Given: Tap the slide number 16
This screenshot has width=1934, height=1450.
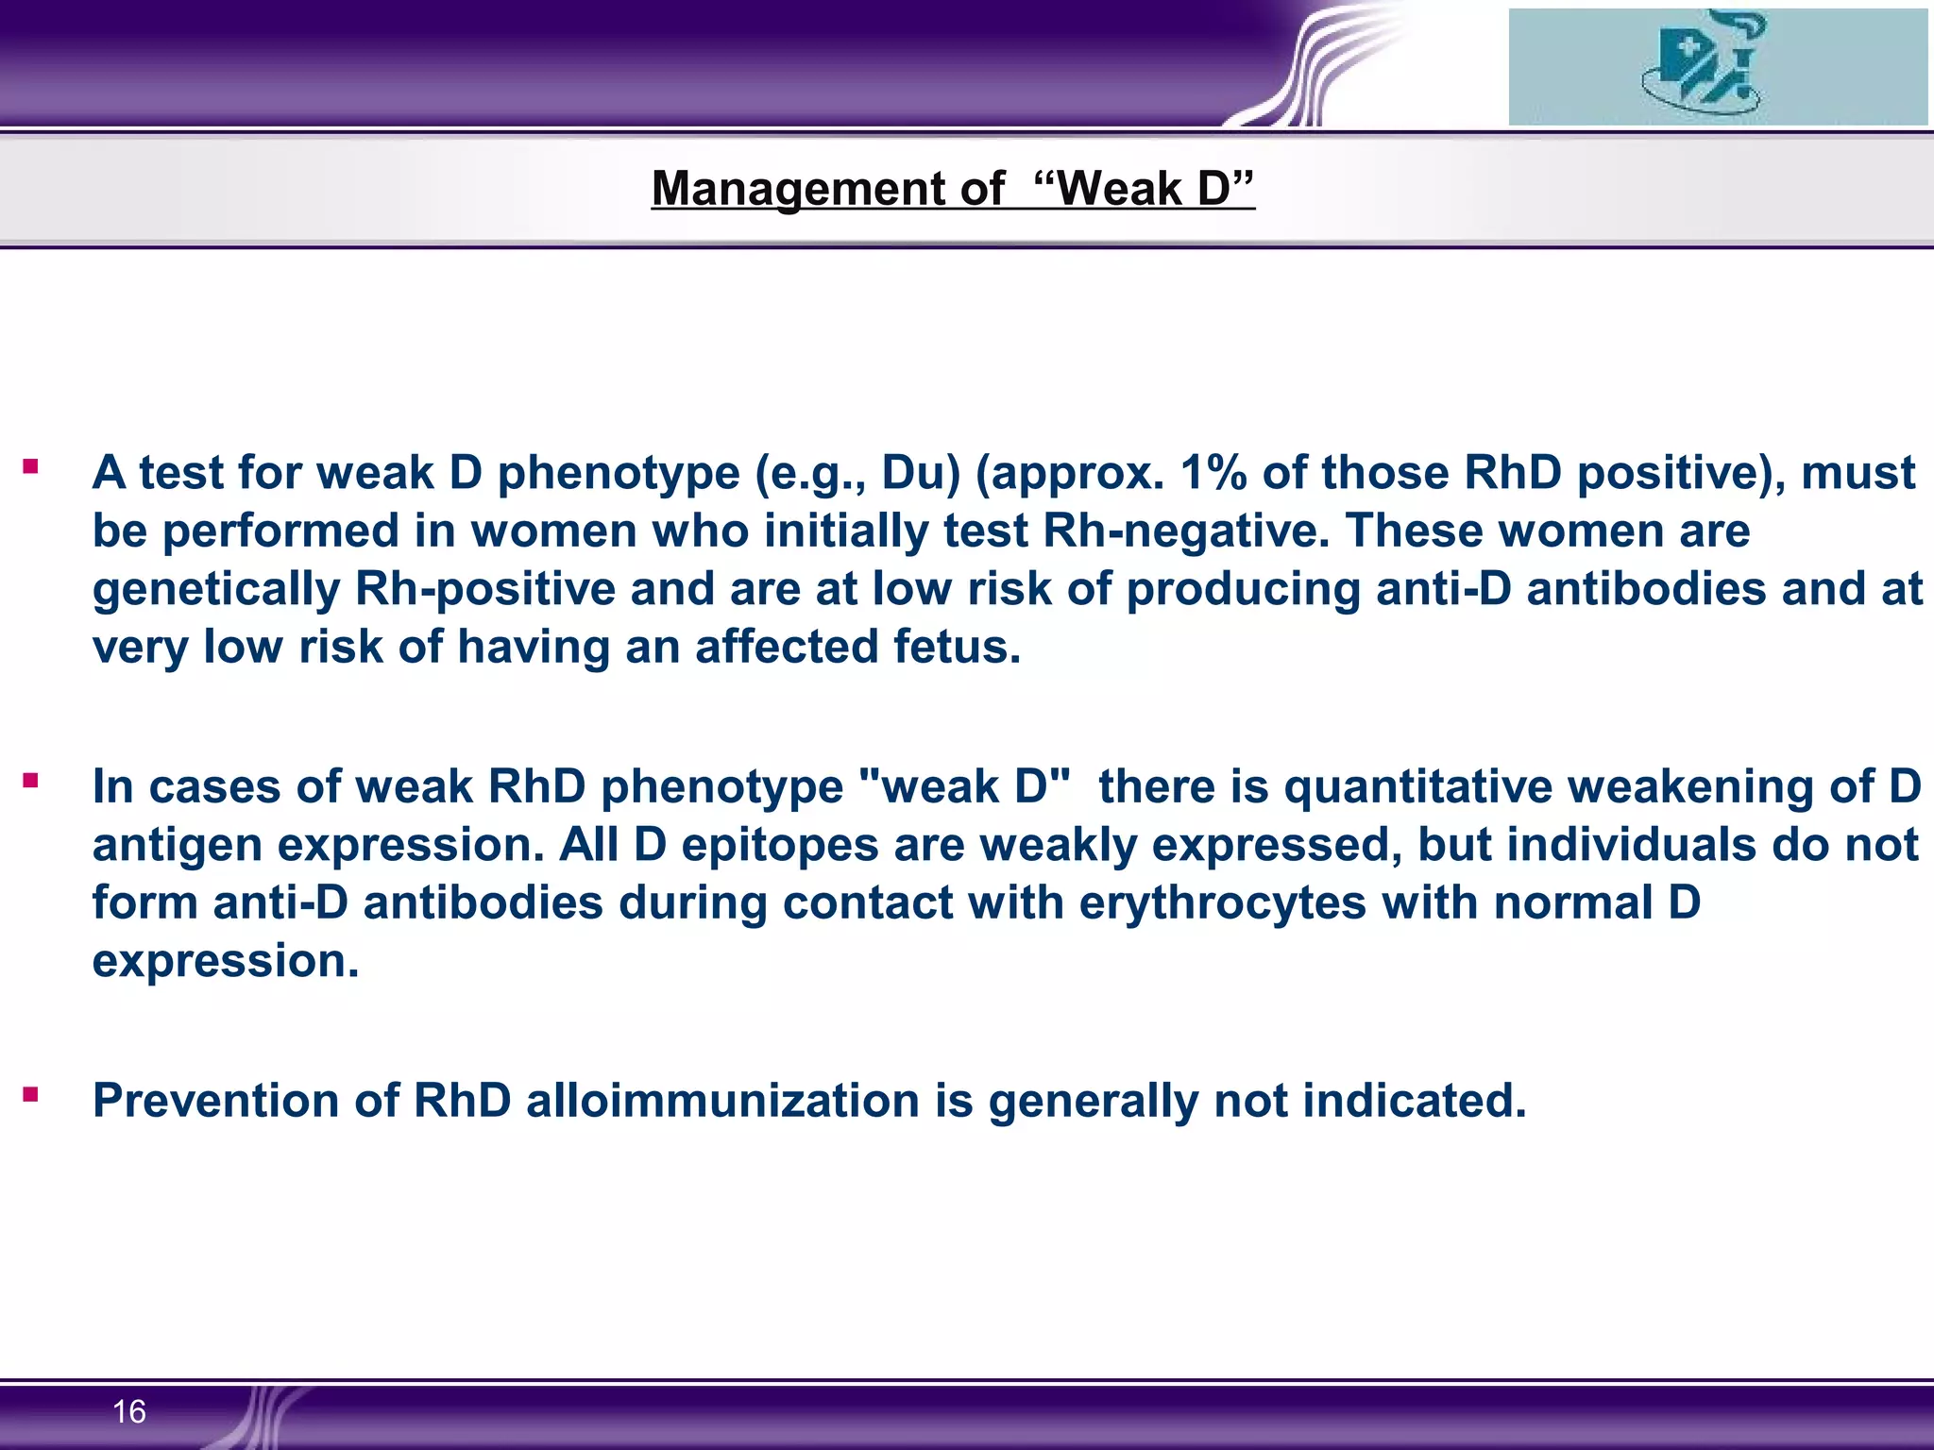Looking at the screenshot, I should click(128, 1411).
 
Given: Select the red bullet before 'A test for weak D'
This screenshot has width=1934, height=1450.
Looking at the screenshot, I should click(31, 466).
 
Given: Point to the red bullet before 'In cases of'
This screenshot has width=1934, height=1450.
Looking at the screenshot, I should click(31, 781).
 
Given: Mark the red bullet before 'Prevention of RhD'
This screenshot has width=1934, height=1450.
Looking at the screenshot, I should click(31, 1095).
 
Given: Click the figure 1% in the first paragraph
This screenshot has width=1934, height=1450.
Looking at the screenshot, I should click(1213, 472).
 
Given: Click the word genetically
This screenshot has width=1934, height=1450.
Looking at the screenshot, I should click(216, 589).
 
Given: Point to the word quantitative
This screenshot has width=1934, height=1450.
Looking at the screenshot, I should click(1417, 786).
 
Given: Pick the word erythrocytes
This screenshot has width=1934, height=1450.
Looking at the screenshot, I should click(1222, 902).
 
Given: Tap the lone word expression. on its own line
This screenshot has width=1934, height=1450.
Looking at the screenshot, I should click(226, 961).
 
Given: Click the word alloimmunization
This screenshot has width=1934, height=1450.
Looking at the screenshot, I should click(722, 1101).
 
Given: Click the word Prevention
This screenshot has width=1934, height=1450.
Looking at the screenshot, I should click(215, 1101).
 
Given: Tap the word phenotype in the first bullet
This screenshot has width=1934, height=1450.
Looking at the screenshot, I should click(618, 472).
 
